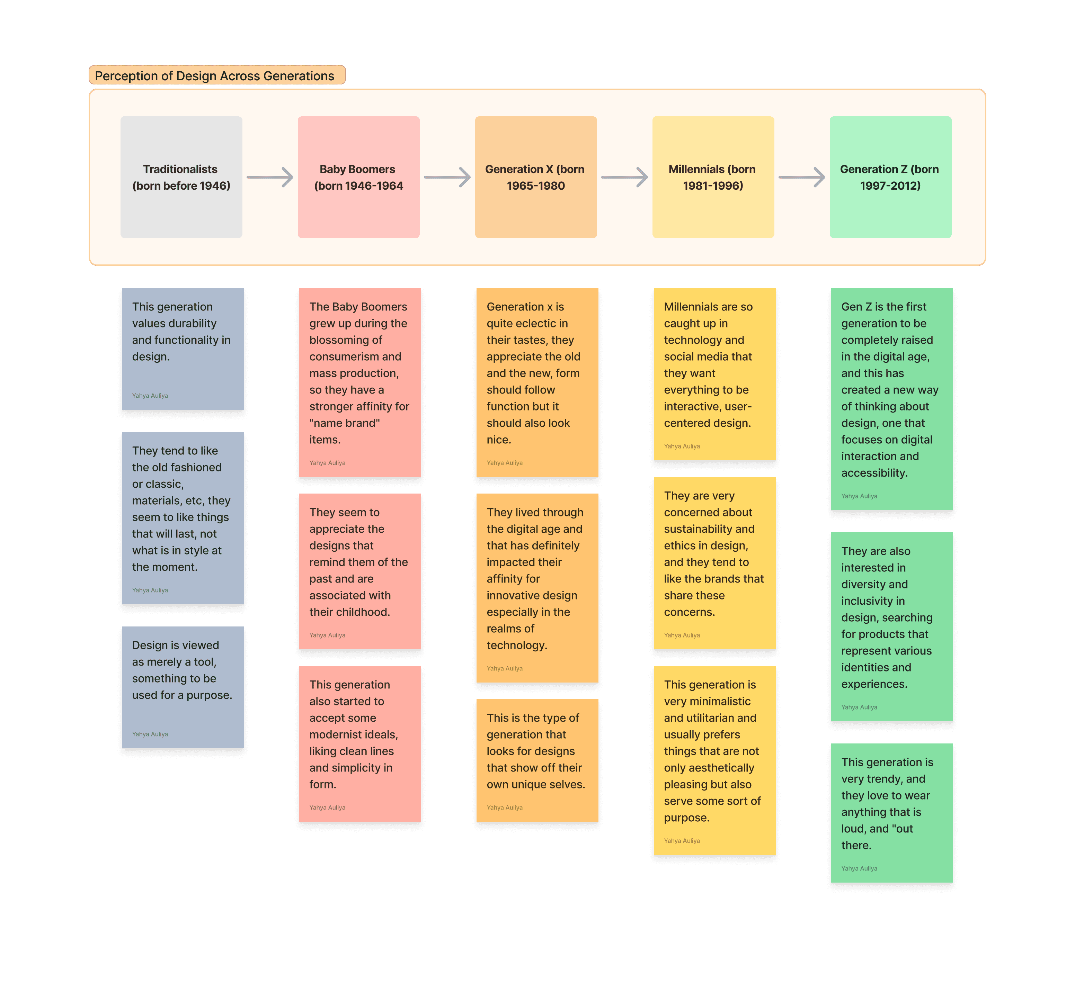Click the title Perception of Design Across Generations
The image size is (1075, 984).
[x=214, y=76]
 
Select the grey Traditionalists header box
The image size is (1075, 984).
[x=181, y=177]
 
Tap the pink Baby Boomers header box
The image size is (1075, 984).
[x=359, y=177]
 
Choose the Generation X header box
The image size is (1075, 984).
[x=536, y=177]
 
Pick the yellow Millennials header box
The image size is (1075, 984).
[x=713, y=177]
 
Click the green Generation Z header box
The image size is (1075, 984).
[x=890, y=177]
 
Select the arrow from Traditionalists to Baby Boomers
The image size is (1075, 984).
[x=270, y=177]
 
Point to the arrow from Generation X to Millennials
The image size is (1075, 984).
[x=624, y=177]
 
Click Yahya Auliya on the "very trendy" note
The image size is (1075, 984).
[x=859, y=868]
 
